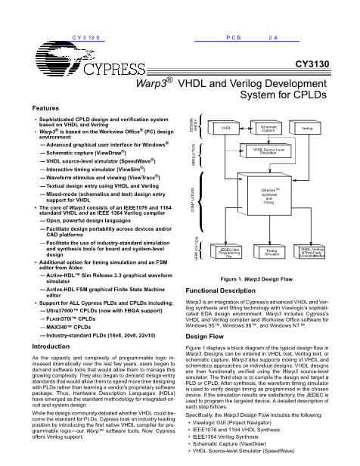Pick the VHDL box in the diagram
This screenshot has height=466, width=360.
[x=225, y=129]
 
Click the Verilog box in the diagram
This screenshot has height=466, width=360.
[x=308, y=129]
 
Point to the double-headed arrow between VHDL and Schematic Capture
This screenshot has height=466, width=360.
[x=244, y=129]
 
